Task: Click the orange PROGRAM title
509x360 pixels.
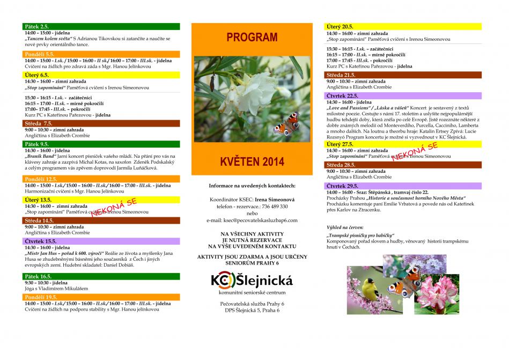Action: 252,38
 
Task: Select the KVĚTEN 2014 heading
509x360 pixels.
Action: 252,161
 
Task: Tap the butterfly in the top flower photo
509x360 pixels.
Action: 286,124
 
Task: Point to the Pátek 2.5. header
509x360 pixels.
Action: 37,26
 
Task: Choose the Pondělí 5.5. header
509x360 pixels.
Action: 40,54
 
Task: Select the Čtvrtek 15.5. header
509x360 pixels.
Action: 41,241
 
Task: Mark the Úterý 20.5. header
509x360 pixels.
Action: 340,26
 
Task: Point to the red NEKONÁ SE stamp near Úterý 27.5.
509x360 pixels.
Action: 415,152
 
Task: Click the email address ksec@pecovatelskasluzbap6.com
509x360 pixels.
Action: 252,220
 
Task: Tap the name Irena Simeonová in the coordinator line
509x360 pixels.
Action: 271,199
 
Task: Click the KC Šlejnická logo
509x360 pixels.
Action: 252,281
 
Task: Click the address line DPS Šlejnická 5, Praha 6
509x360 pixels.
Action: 252,310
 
